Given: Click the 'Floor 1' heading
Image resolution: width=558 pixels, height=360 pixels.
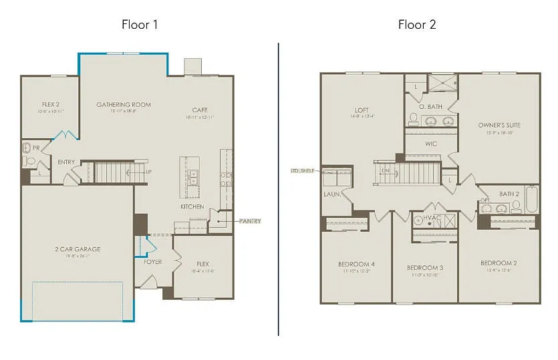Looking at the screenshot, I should click(140, 25).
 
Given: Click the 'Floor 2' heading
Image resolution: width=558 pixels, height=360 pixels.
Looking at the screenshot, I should click(417, 25).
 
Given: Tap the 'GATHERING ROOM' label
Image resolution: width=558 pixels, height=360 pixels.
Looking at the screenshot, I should click(124, 105).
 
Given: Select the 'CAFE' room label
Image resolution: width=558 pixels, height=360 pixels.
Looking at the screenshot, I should click(200, 110).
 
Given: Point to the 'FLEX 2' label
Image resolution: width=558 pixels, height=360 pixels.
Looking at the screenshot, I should click(51, 104).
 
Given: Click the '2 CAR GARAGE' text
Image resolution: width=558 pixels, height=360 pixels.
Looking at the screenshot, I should click(78, 249).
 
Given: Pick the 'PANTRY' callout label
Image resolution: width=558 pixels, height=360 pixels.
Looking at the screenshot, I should click(249, 221).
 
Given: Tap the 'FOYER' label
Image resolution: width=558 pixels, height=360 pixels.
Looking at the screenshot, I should click(153, 262).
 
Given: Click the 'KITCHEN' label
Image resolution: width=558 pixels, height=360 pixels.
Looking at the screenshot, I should click(192, 207).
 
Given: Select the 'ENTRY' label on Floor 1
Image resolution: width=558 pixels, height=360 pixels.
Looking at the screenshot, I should click(66, 162).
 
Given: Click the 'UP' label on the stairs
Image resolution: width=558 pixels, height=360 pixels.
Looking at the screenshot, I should click(148, 172).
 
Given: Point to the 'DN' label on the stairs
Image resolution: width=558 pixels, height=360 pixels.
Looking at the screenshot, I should click(385, 170).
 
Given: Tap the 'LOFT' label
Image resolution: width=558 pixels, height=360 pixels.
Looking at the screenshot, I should click(362, 111).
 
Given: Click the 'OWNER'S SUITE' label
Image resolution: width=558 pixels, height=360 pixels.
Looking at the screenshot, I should click(499, 125).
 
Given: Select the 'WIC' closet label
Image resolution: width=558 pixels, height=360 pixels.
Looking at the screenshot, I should click(431, 143).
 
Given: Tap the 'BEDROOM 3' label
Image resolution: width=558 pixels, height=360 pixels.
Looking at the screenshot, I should click(425, 268).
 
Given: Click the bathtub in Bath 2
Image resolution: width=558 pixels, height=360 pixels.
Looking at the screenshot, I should click(532, 199).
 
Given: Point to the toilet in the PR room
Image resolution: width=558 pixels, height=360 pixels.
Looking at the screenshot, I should click(29, 160).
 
